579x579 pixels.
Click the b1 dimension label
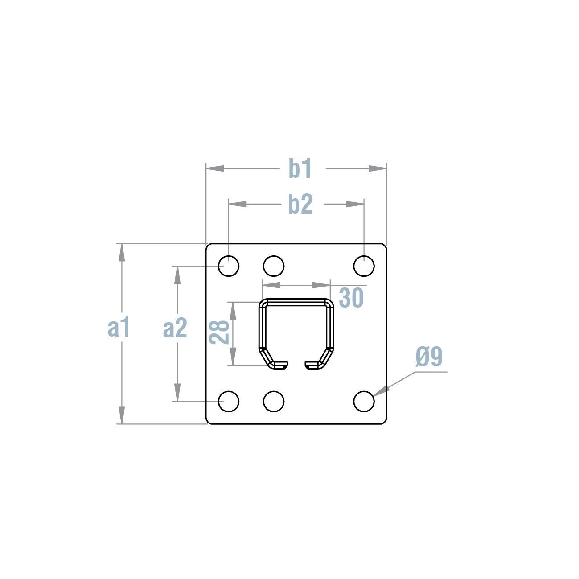click(300, 168)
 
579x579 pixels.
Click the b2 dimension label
click(300, 204)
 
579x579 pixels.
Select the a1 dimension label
click(119, 328)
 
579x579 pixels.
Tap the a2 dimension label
click(175, 329)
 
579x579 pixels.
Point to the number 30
click(351, 298)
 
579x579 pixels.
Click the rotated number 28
click(219, 332)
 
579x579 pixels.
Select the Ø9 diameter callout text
click(429, 357)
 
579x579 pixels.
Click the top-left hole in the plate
click(229, 266)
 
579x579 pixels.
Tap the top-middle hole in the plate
click(274, 266)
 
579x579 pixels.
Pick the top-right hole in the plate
click(364, 266)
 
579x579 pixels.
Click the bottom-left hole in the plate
click(229, 402)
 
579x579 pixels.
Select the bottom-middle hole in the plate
click(274, 402)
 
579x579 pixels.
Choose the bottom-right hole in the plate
click(364, 402)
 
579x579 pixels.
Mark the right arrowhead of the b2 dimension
click(355, 204)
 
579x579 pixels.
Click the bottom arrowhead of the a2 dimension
click(177, 393)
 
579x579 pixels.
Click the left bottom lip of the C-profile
click(279, 365)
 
